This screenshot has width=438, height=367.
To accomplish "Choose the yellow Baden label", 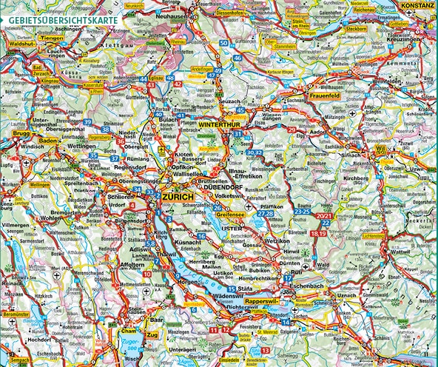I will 47,140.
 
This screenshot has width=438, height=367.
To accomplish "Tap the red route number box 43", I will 151,85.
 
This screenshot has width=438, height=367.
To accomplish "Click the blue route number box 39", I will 87,121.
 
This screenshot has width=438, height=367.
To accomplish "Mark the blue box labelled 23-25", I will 302,212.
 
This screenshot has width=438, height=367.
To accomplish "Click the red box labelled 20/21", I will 324,216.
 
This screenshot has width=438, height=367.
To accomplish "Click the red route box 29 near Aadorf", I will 292,130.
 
